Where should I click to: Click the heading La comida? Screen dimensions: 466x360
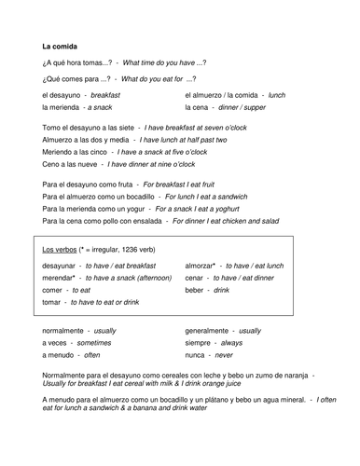point(61,46)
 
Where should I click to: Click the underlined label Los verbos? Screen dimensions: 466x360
point(61,250)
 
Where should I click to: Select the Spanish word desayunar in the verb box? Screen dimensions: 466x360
point(63,266)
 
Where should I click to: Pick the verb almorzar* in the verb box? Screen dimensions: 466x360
point(205,266)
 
